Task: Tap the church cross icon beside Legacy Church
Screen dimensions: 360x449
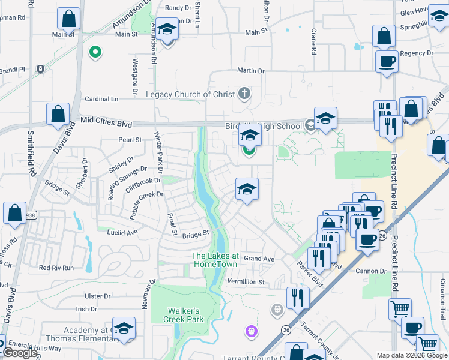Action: [x=243, y=94]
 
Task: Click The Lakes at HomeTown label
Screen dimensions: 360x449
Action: [x=215, y=259]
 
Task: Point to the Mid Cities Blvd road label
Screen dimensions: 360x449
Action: [x=106, y=121]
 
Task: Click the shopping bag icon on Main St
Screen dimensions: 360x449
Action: [x=69, y=19]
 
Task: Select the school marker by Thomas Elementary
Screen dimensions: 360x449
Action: [x=124, y=329]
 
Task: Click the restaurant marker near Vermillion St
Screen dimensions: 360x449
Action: [x=297, y=297]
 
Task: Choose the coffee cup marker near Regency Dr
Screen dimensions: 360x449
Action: [x=387, y=61]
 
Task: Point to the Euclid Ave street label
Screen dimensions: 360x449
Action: [x=122, y=231]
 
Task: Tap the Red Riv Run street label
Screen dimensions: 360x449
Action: [x=56, y=268]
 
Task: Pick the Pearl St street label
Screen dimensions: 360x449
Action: [x=130, y=140]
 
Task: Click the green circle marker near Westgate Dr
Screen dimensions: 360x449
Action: [x=94, y=53]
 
